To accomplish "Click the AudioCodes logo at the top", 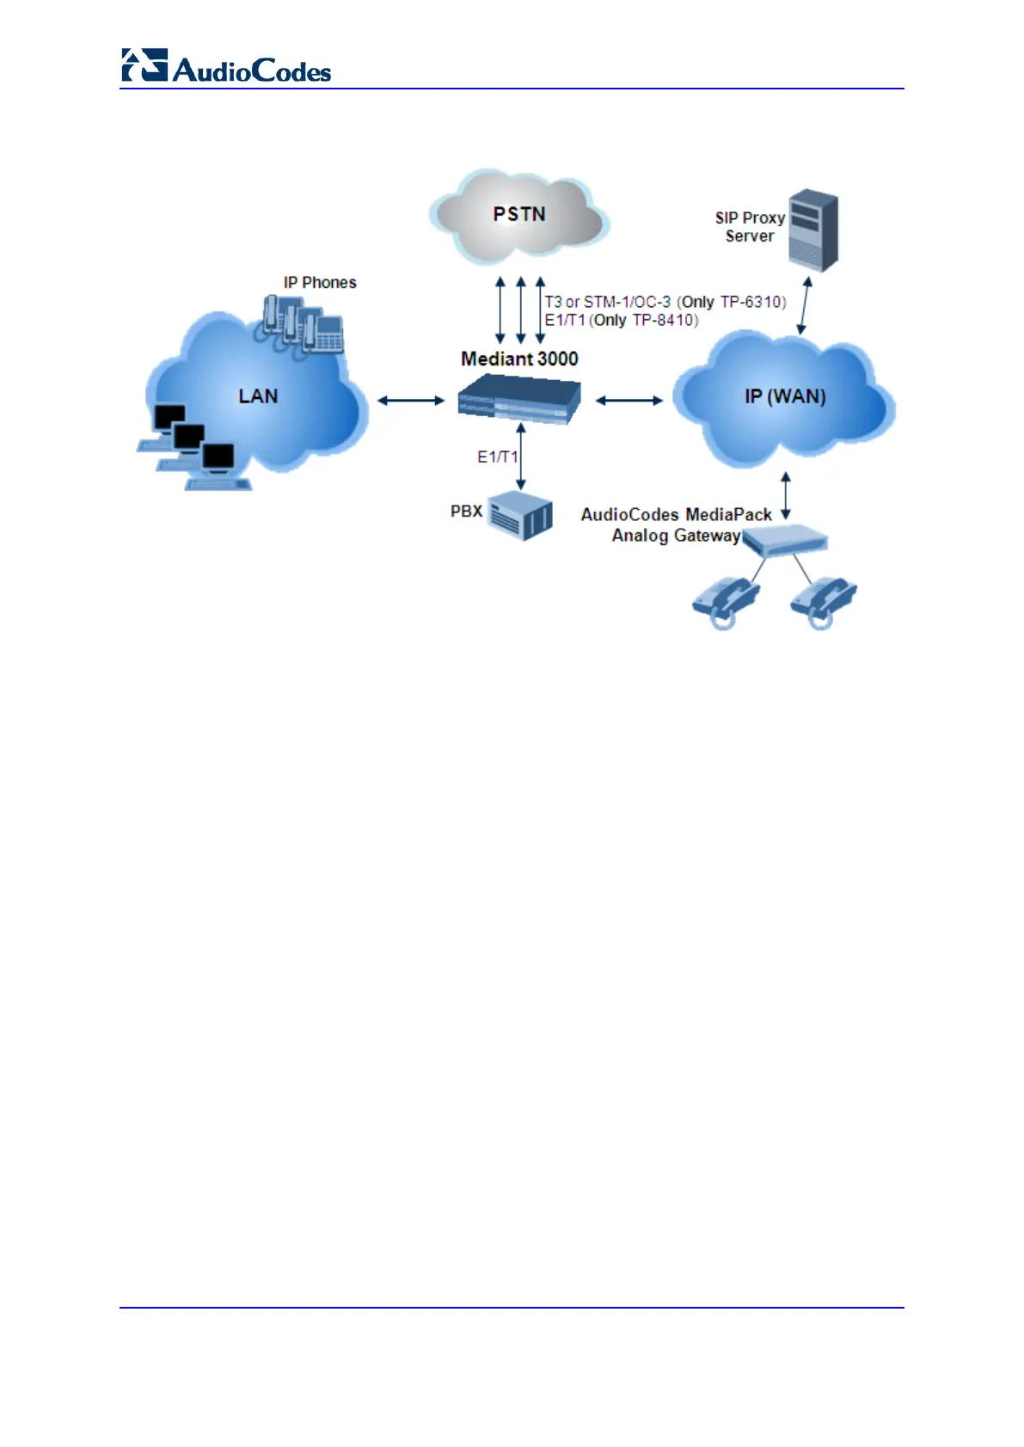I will click(226, 66).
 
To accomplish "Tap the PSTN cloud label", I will click(519, 214).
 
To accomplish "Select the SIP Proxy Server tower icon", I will click(812, 230).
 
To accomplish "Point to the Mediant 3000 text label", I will click(519, 359).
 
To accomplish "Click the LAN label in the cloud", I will click(258, 396).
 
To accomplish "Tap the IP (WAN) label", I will click(785, 396).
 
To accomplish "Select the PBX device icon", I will click(520, 516).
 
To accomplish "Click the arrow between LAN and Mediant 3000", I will click(411, 400).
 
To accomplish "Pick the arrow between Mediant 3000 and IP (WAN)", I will click(629, 400).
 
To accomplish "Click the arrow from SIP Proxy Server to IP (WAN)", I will click(804, 305).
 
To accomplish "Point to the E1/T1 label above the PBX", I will click(497, 457).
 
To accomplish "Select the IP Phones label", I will click(320, 282).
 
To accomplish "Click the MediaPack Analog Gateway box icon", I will click(784, 541).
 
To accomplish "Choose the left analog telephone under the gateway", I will click(726, 601).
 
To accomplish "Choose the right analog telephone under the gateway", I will click(823, 601).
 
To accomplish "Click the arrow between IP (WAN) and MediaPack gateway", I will click(785, 495).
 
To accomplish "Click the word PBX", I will click(466, 512).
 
